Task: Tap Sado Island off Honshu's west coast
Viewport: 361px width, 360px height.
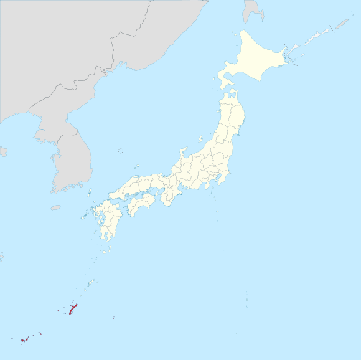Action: (200, 139)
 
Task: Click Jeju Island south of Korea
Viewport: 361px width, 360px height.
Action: (55, 207)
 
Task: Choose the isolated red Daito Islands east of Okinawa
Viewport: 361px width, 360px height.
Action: (113, 319)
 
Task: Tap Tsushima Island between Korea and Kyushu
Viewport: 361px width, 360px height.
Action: (90, 192)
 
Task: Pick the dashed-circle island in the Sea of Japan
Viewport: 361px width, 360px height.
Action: (120, 150)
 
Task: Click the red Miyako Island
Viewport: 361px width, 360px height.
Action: (40, 333)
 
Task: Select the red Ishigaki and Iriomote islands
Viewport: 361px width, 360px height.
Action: (23, 340)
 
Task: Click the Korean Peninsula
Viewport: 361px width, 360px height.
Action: (68, 156)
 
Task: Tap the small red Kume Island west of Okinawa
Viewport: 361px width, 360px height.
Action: (59, 311)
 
